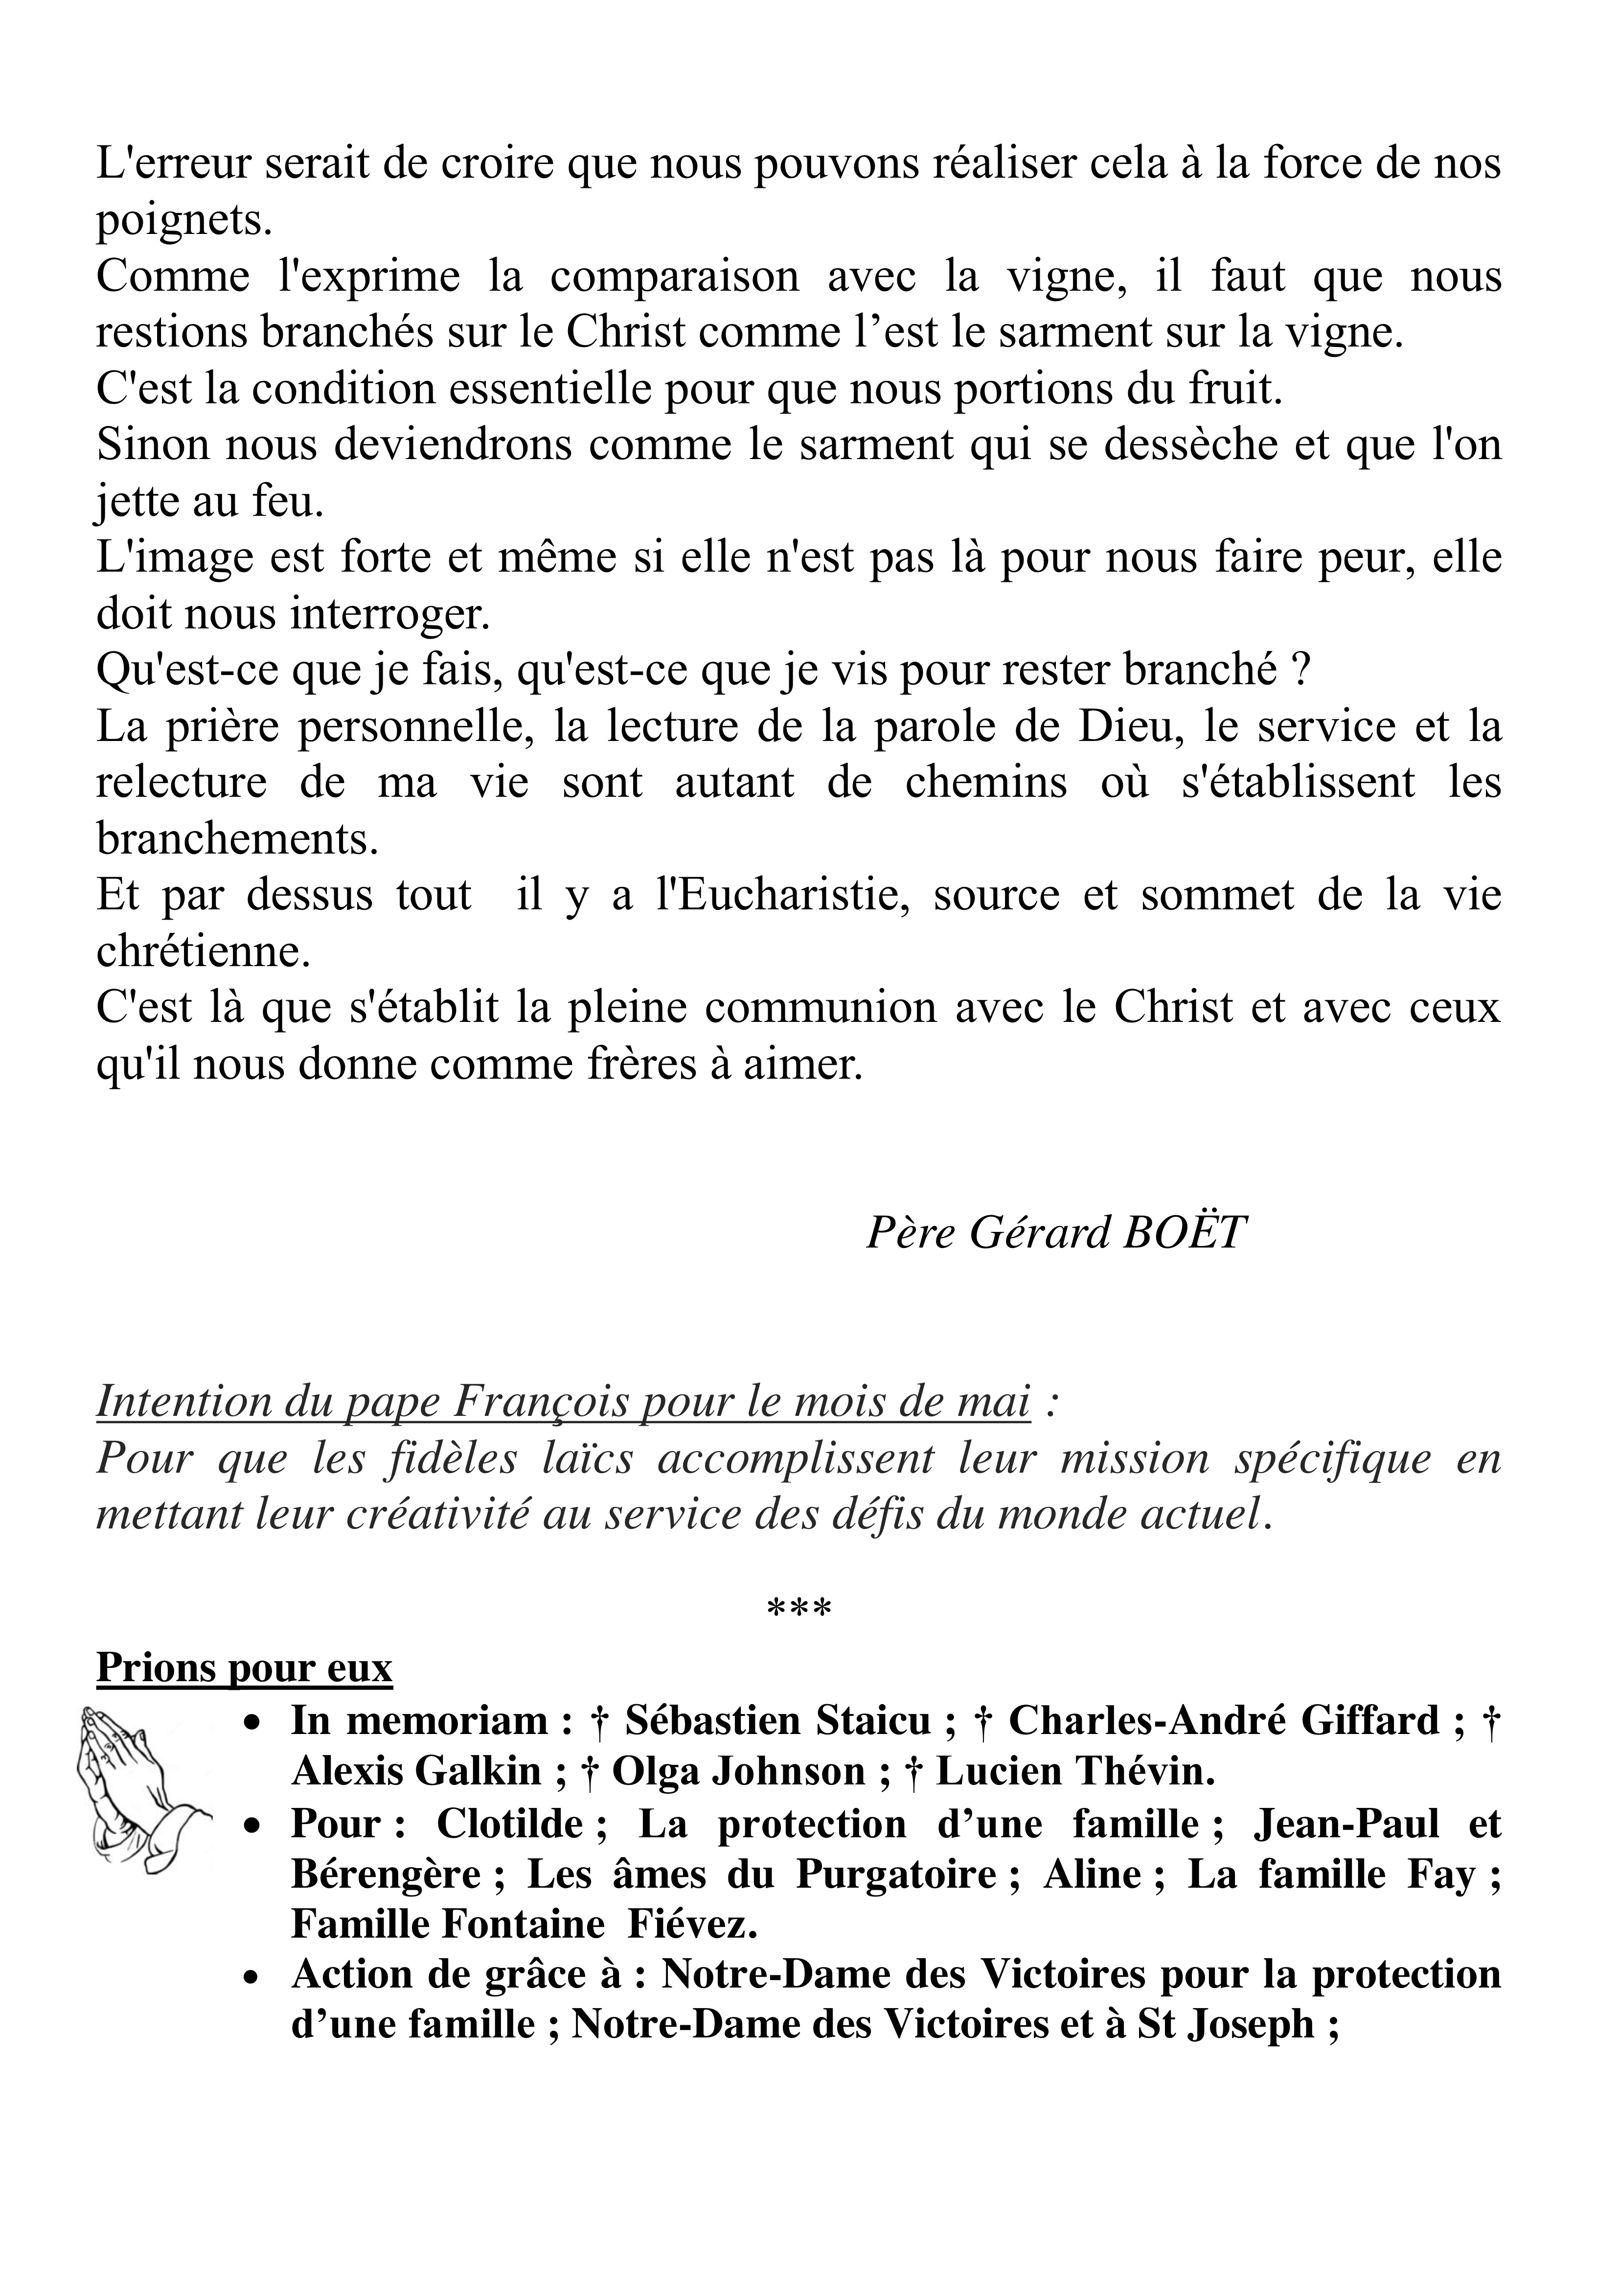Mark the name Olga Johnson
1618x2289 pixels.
(x=739, y=1772)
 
